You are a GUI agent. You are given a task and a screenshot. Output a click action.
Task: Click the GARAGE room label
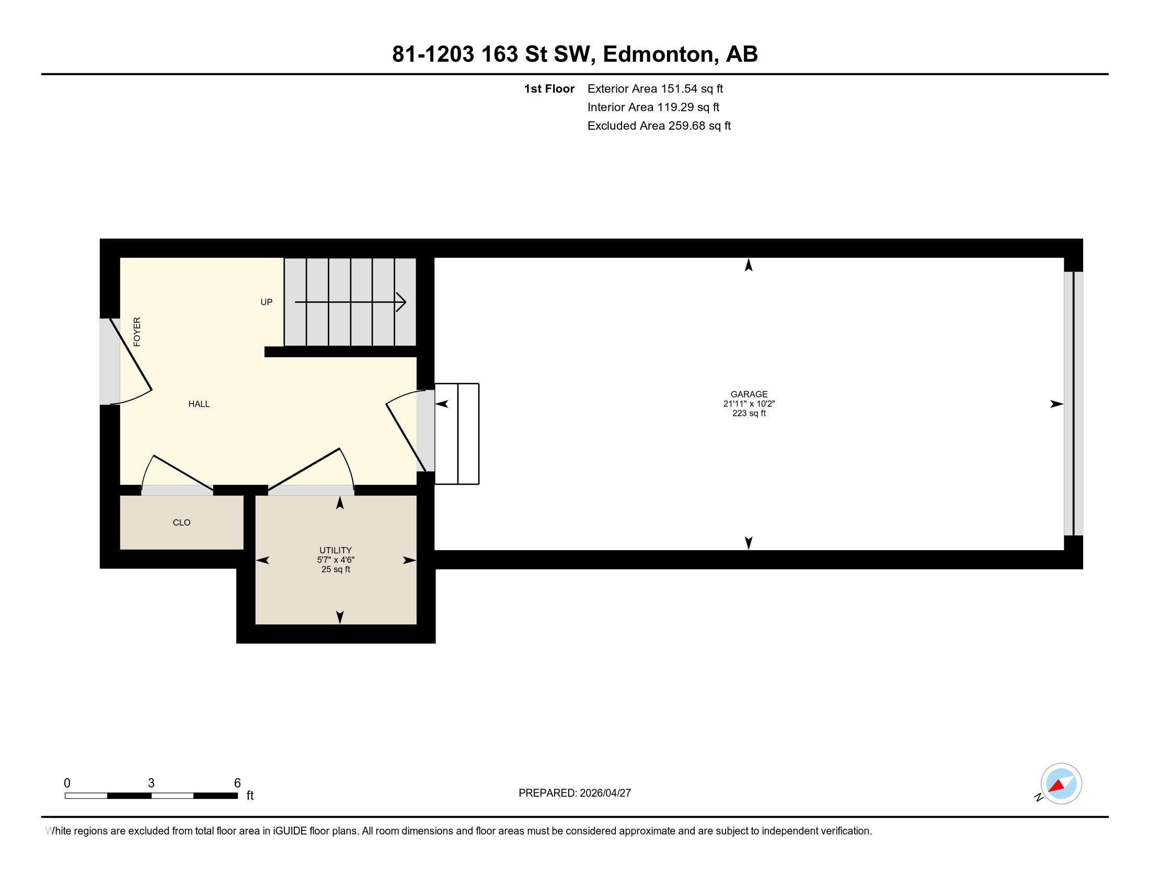pyautogui.click(x=749, y=394)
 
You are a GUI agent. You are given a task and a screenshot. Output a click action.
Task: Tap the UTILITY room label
pyautogui.click(x=336, y=550)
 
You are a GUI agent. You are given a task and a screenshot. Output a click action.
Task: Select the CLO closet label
pyautogui.click(x=182, y=522)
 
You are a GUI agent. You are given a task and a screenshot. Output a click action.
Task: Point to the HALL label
pyautogui.click(x=199, y=404)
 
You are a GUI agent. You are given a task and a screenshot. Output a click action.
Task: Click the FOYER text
pyautogui.click(x=137, y=332)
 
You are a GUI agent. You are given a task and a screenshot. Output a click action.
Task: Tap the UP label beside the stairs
pyautogui.click(x=267, y=302)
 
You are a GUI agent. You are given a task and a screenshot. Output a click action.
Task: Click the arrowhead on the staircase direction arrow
pyautogui.click(x=401, y=302)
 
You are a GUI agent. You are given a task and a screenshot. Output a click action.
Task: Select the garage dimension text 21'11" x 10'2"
pyautogui.click(x=749, y=404)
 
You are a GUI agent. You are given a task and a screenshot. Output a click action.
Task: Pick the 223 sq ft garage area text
pyautogui.click(x=749, y=414)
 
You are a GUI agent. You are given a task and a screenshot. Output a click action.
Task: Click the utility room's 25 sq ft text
pyautogui.click(x=336, y=569)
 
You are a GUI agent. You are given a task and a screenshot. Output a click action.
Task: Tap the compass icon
pyautogui.click(x=1061, y=784)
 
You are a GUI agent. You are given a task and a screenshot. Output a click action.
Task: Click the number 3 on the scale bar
pyautogui.click(x=151, y=783)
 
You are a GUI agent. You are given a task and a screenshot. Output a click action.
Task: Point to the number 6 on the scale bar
pyautogui.click(x=237, y=783)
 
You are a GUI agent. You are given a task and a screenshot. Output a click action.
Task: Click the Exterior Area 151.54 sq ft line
pyautogui.click(x=655, y=89)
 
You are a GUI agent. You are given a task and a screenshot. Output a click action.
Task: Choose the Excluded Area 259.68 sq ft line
pyautogui.click(x=659, y=126)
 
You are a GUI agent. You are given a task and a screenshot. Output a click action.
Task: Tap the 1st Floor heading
pyautogui.click(x=549, y=89)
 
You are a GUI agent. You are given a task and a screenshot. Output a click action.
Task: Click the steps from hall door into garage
pyautogui.click(x=456, y=434)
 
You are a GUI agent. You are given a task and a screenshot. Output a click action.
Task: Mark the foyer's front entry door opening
pyautogui.click(x=110, y=361)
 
